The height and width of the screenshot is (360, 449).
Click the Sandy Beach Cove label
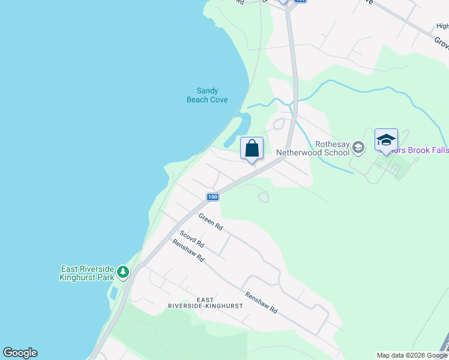point(207,95)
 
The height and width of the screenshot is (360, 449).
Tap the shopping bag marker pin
point(252,148)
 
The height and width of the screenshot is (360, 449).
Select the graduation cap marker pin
point(386,140)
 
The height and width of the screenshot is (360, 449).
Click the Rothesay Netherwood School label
point(313,148)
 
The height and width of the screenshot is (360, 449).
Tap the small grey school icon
point(358,147)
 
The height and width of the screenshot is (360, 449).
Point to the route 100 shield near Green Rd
point(212,197)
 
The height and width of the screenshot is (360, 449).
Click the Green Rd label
point(211,223)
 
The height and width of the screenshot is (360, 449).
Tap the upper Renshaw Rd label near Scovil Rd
point(188,251)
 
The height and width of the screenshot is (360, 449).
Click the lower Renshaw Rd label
point(261,302)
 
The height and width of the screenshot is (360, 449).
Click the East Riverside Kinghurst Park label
point(87,273)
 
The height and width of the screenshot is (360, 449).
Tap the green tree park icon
point(123,272)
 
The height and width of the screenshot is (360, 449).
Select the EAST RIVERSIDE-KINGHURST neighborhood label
point(206,302)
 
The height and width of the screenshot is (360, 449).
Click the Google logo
point(20,353)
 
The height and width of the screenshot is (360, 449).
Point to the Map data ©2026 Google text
point(411,355)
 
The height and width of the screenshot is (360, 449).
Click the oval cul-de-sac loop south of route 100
point(262,196)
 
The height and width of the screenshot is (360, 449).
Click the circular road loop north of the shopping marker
point(279,125)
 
